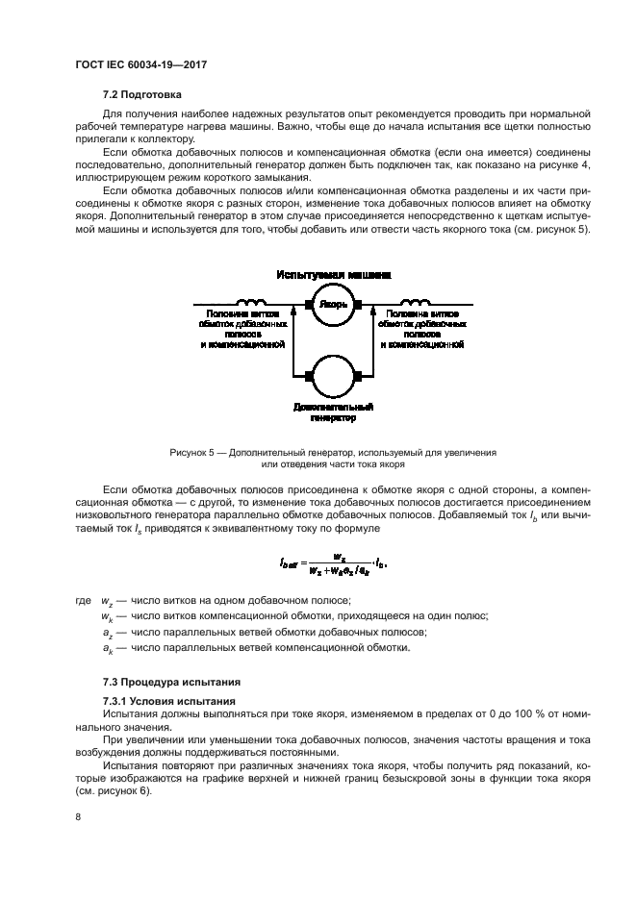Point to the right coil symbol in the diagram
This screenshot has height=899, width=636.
click(x=411, y=301)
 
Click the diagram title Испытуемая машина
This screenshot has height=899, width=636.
click(x=334, y=275)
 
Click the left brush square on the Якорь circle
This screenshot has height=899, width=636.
click(x=309, y=306)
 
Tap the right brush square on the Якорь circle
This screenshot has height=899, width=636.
click(x=357, y=306)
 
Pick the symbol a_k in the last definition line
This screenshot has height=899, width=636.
click(x=107, y=649)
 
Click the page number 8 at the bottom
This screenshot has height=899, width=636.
click(x=78, y=817)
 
